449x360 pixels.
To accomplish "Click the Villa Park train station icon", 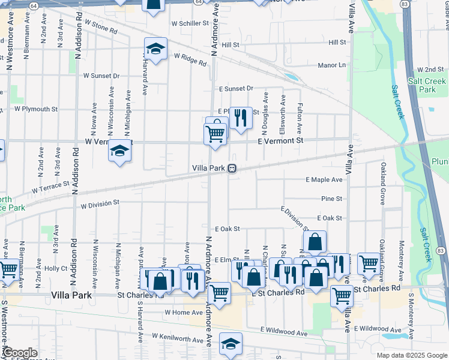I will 232,169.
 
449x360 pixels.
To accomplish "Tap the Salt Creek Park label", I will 427,85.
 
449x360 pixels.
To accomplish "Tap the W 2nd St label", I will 430,70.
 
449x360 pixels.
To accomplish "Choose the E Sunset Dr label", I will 236,88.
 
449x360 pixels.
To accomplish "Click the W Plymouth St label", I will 36,109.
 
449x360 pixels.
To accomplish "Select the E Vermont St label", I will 281,140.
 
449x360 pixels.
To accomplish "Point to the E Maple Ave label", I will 324,179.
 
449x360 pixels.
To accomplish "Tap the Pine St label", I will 331,199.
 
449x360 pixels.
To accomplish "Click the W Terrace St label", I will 51,190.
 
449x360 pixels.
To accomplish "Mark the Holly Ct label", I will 56,268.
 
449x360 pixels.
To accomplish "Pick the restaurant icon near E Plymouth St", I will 241,118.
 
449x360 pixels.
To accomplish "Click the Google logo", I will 19,353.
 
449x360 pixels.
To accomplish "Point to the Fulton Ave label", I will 300,119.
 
